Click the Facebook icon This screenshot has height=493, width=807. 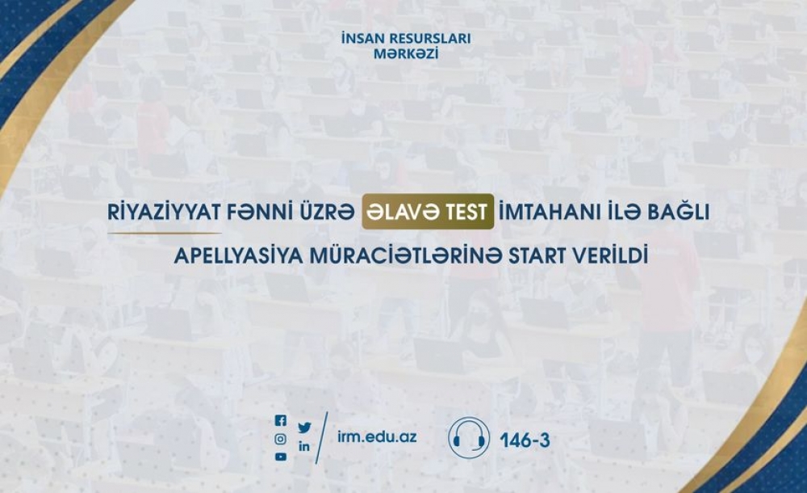[x=281, y=421]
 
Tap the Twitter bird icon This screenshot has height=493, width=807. [x=305, y=428]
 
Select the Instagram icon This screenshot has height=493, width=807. [x=281, y=440]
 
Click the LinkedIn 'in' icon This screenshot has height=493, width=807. [x=305, y=447]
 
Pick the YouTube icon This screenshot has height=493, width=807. [x=281, y=457]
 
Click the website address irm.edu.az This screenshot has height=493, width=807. [x=377, y=437]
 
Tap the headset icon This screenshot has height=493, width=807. [x=468, y=438]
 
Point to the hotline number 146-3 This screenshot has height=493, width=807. [x=525, y=440]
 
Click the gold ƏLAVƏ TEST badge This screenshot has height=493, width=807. [x=428, y=212]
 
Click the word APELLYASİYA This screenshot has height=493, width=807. [x=238, y=256]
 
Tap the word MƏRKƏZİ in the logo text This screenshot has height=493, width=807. [x=406, y=53]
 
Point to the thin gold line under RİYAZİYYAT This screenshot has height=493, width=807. [x=165, y=234]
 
